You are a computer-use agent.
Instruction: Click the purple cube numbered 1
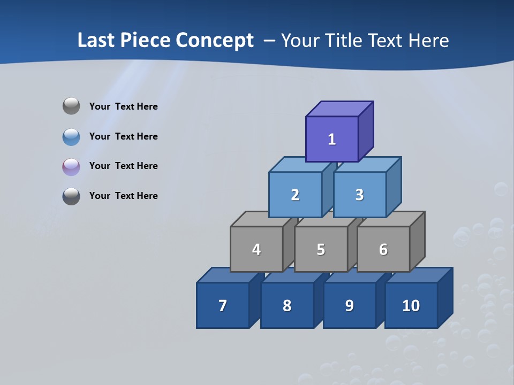[332, 139]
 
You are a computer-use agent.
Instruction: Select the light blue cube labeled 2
[295, 195]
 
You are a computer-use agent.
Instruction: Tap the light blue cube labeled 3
[359, 195]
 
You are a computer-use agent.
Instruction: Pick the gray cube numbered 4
[256, 249]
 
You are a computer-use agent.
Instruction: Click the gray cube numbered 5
[321, 249]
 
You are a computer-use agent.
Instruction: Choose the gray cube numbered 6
[383, 249]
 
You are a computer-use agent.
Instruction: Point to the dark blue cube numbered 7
[223, 305]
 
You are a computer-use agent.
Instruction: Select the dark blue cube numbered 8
[287, 305]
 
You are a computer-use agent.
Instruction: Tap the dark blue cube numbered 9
[349, 305]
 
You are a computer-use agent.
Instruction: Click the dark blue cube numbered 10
[411, 305]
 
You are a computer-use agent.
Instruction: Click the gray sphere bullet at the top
[71, 106]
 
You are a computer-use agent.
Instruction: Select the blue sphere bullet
[71, 136]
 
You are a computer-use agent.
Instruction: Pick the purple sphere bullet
[71, 166]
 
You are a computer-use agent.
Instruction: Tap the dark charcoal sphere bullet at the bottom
[71, 196]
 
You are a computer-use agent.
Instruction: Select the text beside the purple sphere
[123, 166]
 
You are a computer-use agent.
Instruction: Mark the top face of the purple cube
[339, 109]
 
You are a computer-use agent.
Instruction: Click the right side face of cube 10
[445, 297]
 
